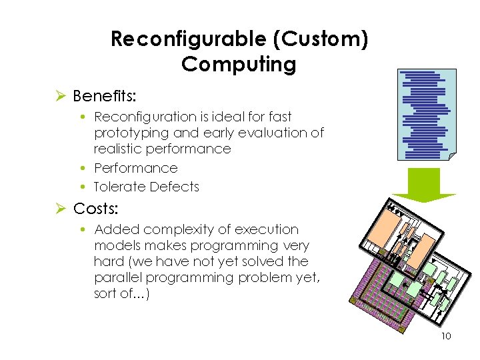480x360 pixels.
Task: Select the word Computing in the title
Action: (x=239, y=65)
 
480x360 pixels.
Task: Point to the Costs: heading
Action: (x=96, y=209)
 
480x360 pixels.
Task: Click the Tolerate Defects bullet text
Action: (x=147, y=187)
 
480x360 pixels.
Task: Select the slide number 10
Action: (x=446, y=336)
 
